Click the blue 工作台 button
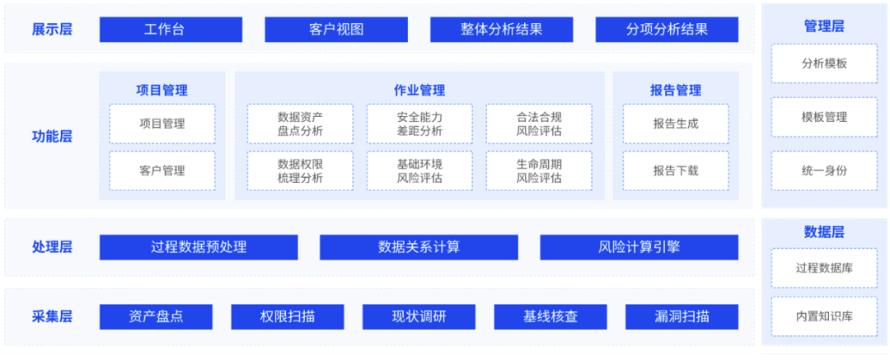click(171, 30)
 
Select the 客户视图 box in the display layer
click(336, 30)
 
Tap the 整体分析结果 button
click(501, 30)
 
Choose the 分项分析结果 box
click(667, 30)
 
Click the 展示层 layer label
click(52, 30)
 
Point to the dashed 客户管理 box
click(162, 171)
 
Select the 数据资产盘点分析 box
click(300, 124)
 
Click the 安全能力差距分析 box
click(419, 124)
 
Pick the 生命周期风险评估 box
click(539, 171)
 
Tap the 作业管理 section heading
click(419, 91)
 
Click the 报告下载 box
click(676, 171)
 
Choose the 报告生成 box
click(676, 124)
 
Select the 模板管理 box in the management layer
click(824, 117)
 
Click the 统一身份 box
click(824, 171)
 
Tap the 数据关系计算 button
click(419, 247)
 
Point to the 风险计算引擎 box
click(639, 247)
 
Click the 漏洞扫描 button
click(682, 316)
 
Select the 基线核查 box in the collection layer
click(550, 316)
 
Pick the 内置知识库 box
click(824, 316)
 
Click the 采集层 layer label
click(52, 316)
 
